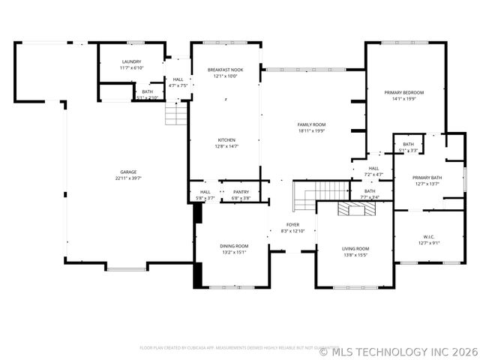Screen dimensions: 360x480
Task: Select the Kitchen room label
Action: pyautogui.click(x=226, y=140)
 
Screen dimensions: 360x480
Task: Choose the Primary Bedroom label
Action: pyautogui.click(x=404, y=92)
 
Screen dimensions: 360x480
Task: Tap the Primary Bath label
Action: pyautogui.click(x=427, y=178)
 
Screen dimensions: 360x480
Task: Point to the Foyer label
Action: pyautogui.click(x=293, y=224)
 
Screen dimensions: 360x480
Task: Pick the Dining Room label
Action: pyautogui.click(x=233, y=246)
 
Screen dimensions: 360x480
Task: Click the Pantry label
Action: pyautogui.click(x=241, y=192)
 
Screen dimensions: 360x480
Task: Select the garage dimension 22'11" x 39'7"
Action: pyautogui.click(x=128, y=178)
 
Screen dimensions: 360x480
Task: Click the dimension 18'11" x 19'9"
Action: pyautogui.click(x=311, y=130)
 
